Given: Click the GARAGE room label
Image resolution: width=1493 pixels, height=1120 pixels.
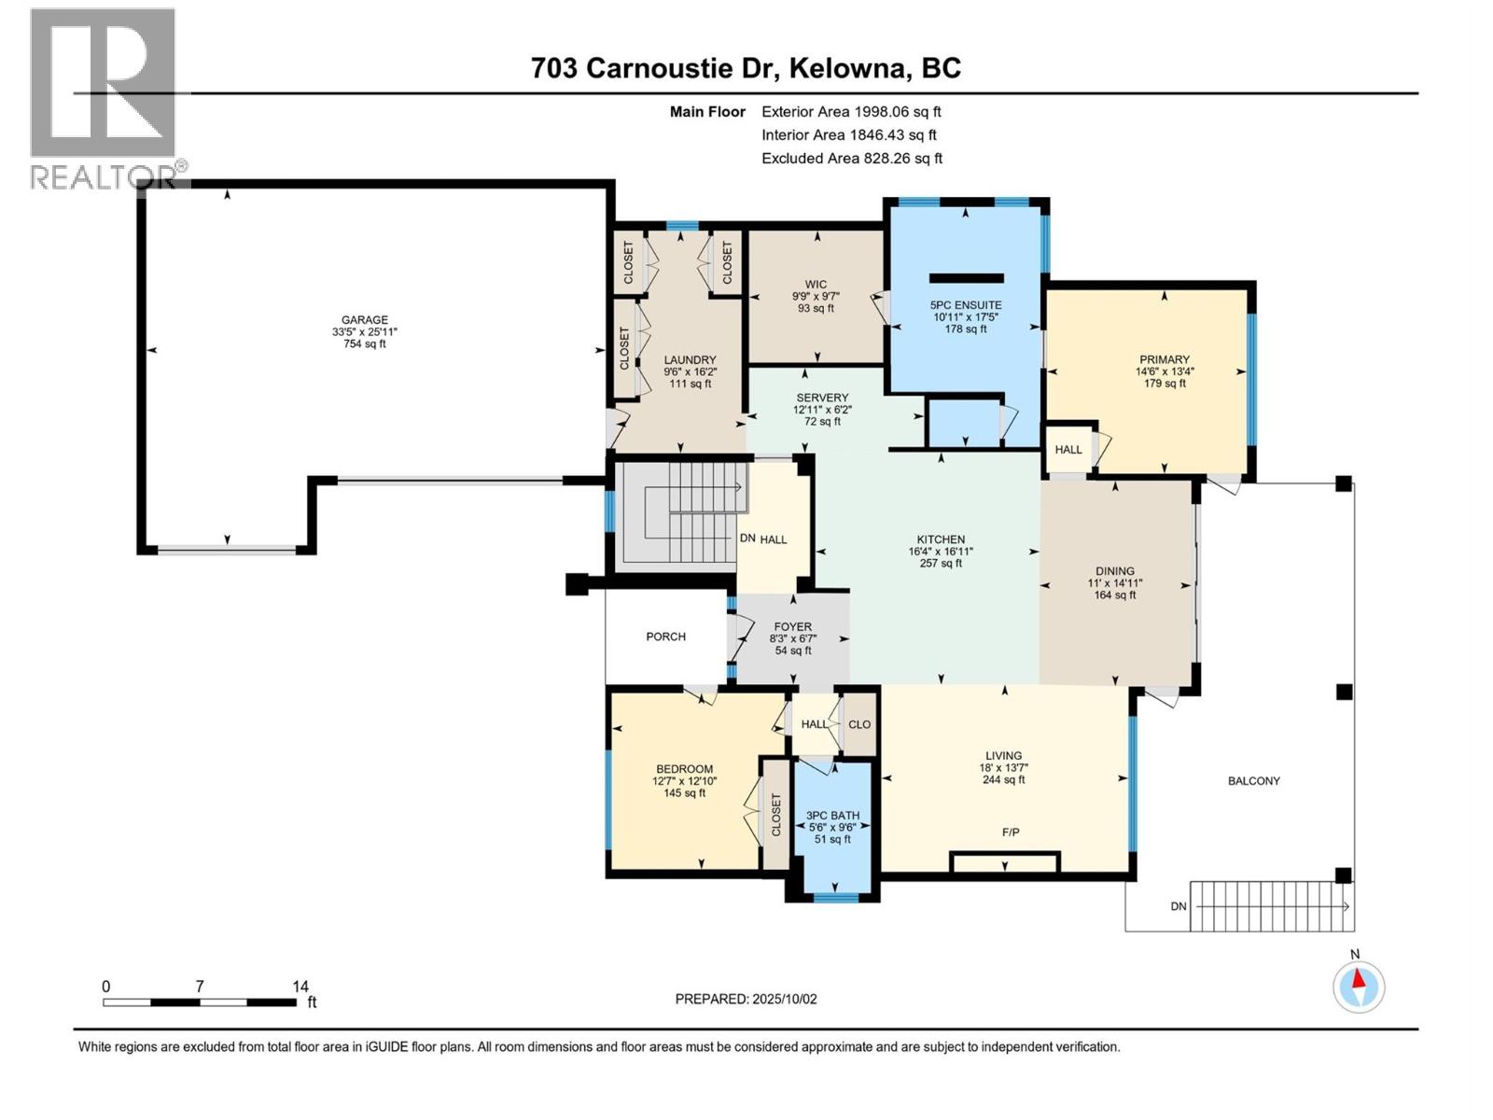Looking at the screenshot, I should (x=364, y=320).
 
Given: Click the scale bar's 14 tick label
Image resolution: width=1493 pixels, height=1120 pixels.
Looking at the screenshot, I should (x=300, y=987).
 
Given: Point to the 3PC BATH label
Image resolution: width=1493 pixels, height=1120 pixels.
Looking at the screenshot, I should (x=832, y=816).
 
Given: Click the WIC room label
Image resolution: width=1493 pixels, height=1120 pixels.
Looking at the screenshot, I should (x=816, y=285).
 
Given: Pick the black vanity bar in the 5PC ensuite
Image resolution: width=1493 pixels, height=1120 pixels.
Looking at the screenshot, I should (x=966, y=278).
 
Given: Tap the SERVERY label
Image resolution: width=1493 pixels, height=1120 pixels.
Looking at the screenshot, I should (x=822, y=398).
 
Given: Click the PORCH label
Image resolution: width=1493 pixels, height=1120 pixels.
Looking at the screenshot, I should (x=665, y=637).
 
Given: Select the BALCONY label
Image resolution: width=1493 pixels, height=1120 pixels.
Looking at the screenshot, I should (x=1253, y=781).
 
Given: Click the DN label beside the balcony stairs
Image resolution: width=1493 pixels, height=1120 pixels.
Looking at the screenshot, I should (x=1179, y=906).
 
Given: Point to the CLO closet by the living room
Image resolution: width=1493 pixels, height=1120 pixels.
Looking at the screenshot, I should (x=859, y=724).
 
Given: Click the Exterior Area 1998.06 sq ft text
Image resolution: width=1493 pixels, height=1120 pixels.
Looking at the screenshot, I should (x=851, y=112).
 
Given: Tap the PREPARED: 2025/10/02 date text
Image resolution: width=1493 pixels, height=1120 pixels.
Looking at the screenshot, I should (x=746, y=999).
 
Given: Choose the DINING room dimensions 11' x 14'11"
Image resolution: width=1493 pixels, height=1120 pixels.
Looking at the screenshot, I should (x=1114, y=583).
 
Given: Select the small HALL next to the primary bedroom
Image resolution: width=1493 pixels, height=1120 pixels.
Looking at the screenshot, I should (x=1068, y=450).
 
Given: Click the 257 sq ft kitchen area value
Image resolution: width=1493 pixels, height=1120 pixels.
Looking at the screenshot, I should (x=941, y=563).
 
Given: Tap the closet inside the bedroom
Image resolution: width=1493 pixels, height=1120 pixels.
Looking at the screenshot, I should (x=775, y=814).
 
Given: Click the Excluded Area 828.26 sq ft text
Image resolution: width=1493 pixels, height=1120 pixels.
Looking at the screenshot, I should (x=851, y=159).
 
